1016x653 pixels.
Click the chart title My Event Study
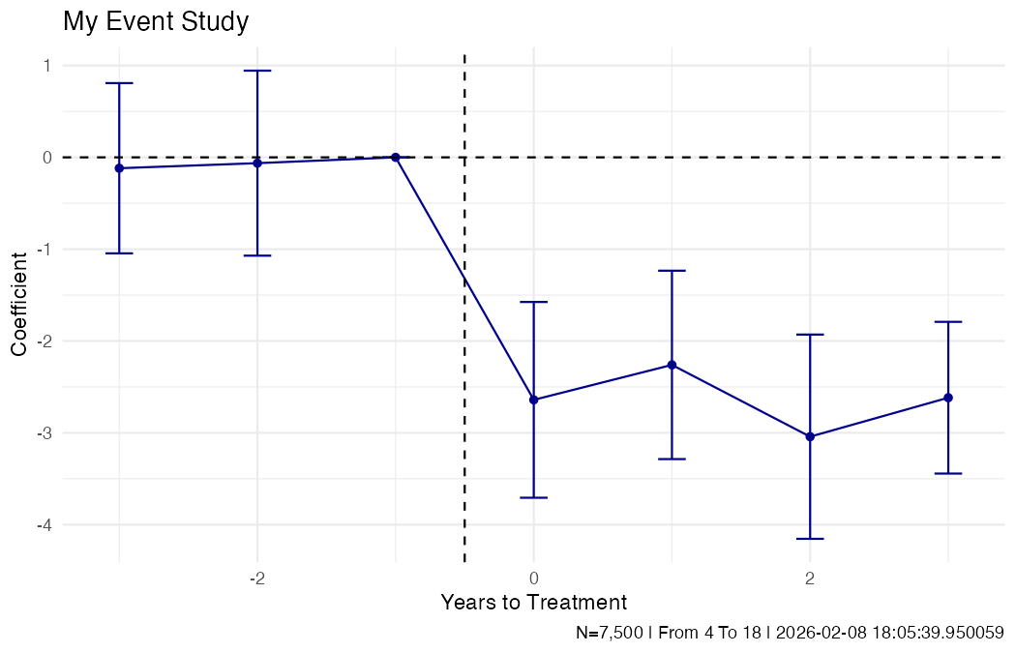[156, 22]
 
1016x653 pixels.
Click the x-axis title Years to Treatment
[533, 603]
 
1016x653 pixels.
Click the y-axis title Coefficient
[19, 303]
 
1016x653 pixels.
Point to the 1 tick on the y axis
[45, 66]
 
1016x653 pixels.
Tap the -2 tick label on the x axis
[256, 578]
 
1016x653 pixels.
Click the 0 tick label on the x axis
[533, 578]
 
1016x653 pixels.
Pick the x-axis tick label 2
[810, 578]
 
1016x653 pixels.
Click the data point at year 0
[533, 400]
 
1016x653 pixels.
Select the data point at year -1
[395, 157]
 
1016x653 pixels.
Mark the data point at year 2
[810, 436]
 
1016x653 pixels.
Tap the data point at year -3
[119, 168]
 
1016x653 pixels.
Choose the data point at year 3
[948, 398]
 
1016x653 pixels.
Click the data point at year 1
[672, 365]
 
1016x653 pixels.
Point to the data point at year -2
[257, 163]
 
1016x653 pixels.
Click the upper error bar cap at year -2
[257, 71]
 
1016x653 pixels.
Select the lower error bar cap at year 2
[810, 539]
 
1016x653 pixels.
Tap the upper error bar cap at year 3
[948, 321]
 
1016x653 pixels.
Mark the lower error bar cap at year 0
[533, 497]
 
